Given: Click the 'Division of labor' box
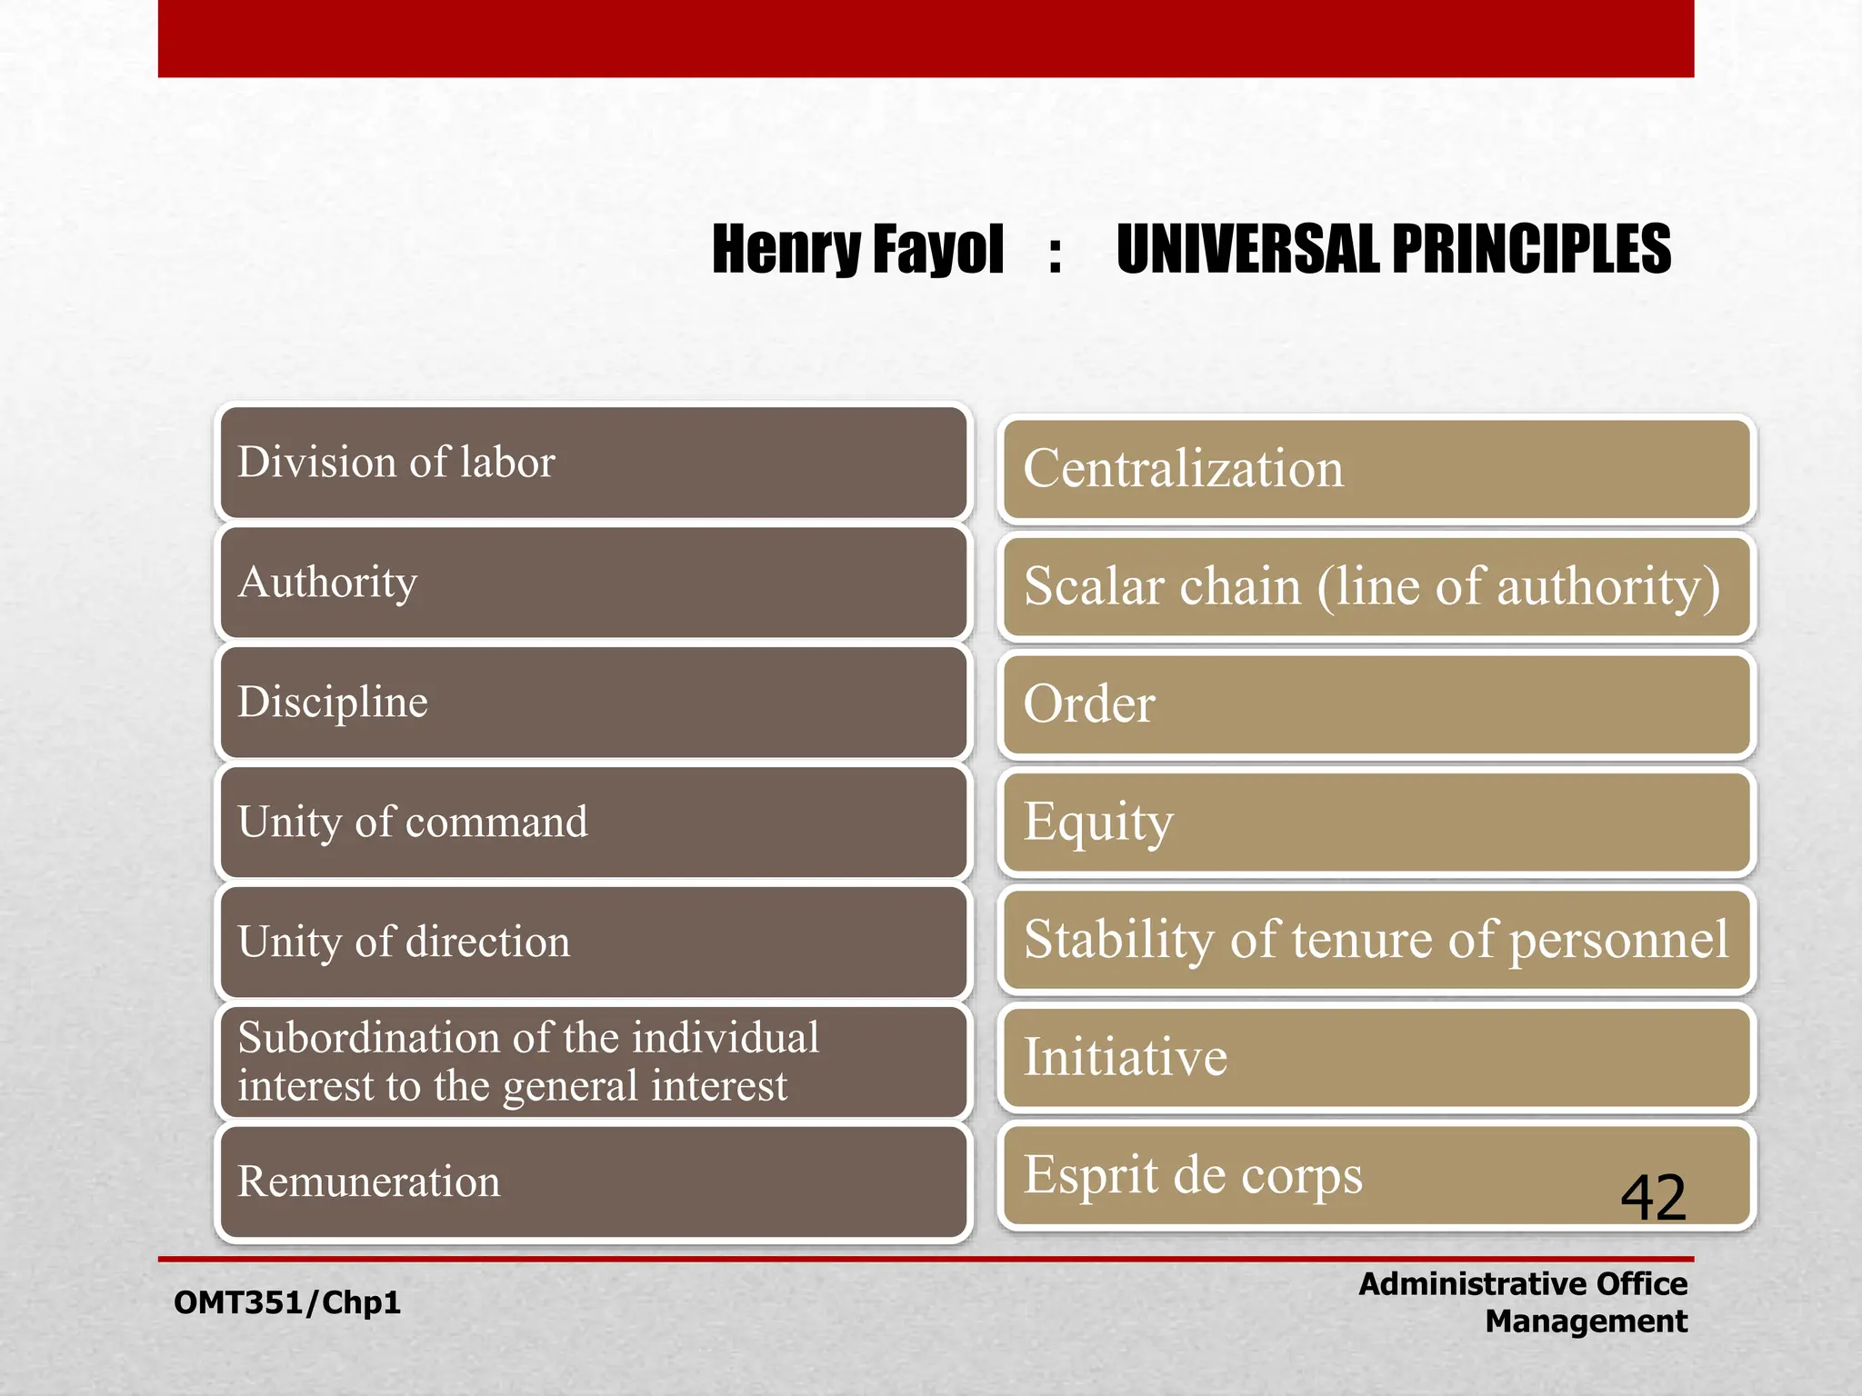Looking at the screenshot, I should click(593, 463).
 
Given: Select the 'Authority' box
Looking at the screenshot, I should click(593, 583).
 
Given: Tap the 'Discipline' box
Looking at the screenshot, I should click(593, 703).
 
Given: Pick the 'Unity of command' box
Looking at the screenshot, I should click(593, 823).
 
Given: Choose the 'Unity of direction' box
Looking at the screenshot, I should click(593, 942).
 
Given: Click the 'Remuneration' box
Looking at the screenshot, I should click(593, 1182).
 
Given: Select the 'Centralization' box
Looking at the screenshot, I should click(1376, 469).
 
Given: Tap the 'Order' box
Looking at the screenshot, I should click(1376, 704).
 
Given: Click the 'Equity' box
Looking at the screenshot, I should click(1376, 822).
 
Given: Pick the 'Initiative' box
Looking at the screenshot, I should click(1376, 1058).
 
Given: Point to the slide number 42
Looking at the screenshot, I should click(1653, 1198).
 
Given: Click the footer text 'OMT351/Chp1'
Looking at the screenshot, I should click(287, 1302).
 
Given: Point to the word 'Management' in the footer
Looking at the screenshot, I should click(1586, 1321).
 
